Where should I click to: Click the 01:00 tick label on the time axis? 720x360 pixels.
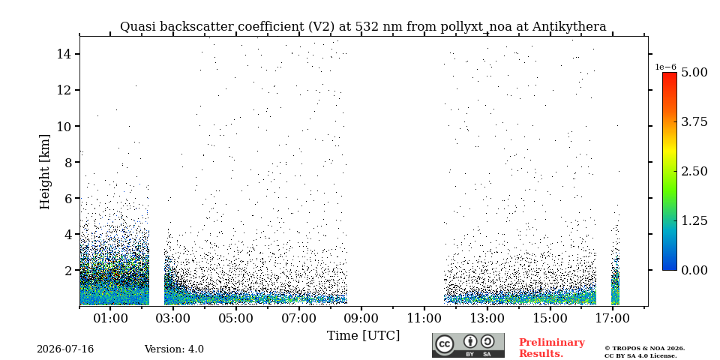pos(110,319)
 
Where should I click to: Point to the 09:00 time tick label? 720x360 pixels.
pos(361,319)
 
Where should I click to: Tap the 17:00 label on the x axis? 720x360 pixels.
pos(613,319)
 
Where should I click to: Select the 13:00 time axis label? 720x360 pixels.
pos(487,319)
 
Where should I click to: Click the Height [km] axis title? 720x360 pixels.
pos(44,171)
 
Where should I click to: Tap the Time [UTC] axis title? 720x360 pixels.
pos(363,336)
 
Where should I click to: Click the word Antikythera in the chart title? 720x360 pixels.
pos(569,27)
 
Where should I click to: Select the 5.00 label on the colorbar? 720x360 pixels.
pos(693,72)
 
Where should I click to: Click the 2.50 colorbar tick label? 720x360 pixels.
pos(693,171)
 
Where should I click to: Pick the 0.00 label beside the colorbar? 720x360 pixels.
pos(693,270)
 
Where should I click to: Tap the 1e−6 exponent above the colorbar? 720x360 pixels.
pos(665,67)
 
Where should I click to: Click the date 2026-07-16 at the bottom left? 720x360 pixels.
pos(65,349)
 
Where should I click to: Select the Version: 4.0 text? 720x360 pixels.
pos(174,349)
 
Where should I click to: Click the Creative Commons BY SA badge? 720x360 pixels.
pos(468,345)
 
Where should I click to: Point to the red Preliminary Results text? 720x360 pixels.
pos(552,348)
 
